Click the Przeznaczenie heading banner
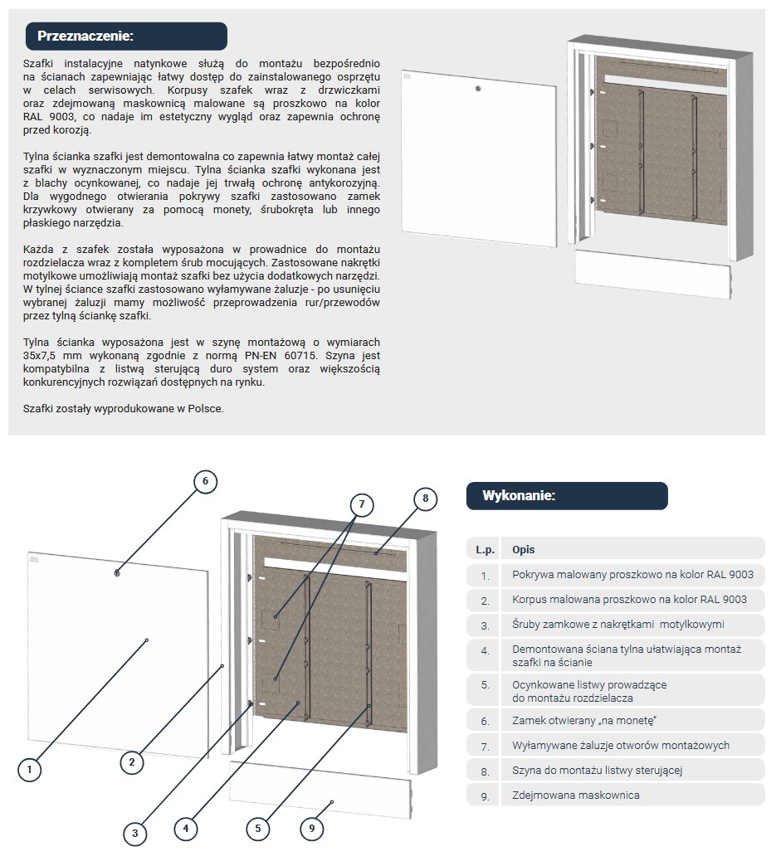(x=126, y=36)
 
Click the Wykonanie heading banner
(x=566, y=496)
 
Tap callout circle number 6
(x=206, y=480)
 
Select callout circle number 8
(x=425, y=498)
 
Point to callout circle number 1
(x=30, y=769)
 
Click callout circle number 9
(x=312, y=828)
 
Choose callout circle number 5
(x=259, y=827)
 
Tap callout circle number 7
(x=361, y=504)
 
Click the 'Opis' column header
(x=523, y=549)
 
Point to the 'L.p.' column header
(x=485, y=549)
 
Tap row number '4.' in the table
(x=485, y=650)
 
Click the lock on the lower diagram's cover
(x=117, y=572)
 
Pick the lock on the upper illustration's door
(x=478, y=89)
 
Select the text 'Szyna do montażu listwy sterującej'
(x=597, y=771)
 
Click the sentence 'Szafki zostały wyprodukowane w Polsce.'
(x=124, y=408)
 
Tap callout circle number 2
(x=132, y=761)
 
